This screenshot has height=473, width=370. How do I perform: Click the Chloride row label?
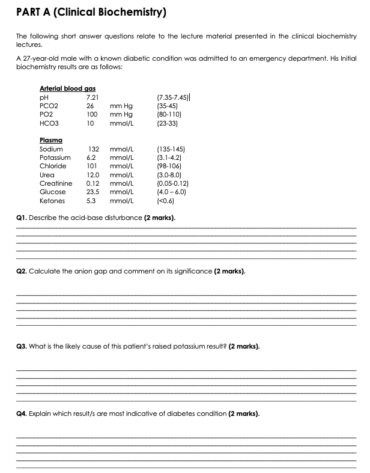[x=53, y=166]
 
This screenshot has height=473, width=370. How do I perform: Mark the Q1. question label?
[x=22, y=218]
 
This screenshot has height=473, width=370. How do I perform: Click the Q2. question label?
[x=22, y=271]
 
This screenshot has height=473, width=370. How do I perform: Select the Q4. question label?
[x=22, y=413]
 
